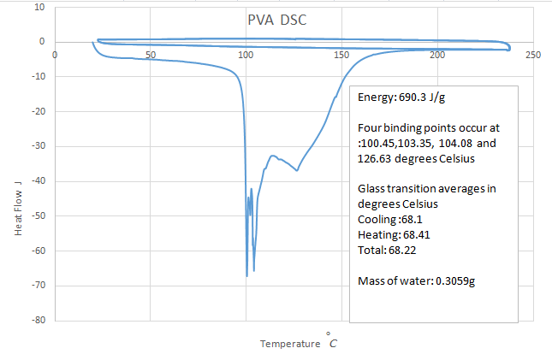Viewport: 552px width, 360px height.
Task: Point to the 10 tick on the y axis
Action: [x=39, y=7]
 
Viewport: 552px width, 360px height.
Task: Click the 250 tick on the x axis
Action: [x=533, y=56]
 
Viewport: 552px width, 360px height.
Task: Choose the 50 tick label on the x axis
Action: [x=151, y=56]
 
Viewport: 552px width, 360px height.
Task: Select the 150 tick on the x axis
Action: [x=341, y=56]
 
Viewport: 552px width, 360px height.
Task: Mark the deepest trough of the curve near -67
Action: [x=247, y=275]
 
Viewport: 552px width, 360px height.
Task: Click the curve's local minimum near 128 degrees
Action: [x=297, y=170]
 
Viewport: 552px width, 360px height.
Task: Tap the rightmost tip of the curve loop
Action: [x=511, y=46]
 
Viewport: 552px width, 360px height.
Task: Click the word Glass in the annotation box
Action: [x=371, y=188]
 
